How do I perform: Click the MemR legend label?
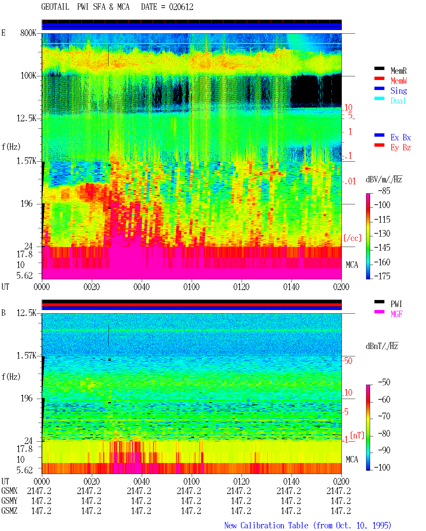click(398, 71)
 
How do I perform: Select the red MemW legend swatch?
click(379, 78)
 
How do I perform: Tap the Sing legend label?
click(398, 91)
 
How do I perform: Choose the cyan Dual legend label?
click(398, 101)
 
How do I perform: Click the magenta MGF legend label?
click(396, 314)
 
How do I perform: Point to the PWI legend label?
click(396, 304)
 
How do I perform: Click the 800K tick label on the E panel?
click(28, 33)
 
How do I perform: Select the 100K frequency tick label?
click(28, 76)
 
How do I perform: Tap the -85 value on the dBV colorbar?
click(384, 191)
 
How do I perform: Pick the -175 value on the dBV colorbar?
click(382, 276)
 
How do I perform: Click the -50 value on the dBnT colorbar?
click(384, 382)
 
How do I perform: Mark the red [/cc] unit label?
click(352, 238)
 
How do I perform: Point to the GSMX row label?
click(9, 491)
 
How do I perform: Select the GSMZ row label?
click(9, 511)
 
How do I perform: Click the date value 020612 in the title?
click(181, 7)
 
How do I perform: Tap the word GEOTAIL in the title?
click(55, 7)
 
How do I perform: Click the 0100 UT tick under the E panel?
click(191, 287)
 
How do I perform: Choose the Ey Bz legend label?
click(401, 147)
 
